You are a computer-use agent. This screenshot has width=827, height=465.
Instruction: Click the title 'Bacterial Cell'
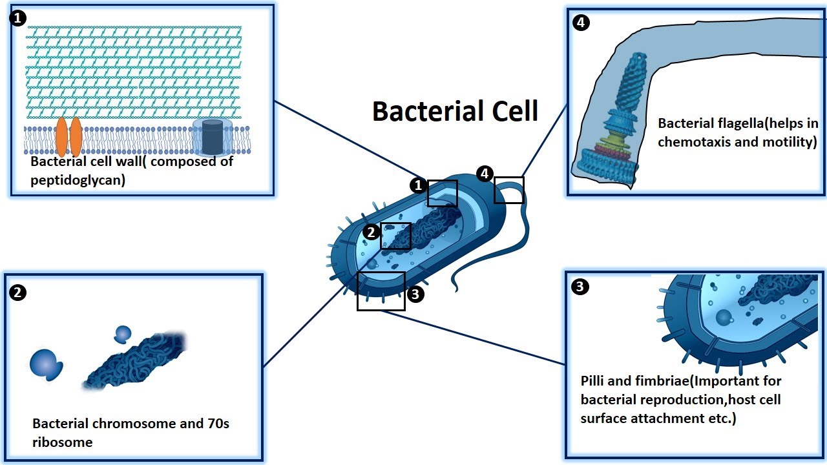455,111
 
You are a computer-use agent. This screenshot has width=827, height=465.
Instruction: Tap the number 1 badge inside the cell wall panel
17,18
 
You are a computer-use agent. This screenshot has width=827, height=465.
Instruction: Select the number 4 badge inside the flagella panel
581,23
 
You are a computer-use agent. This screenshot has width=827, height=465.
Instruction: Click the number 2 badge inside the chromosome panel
18,293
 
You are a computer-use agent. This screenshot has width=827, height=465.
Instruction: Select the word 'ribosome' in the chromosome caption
63,442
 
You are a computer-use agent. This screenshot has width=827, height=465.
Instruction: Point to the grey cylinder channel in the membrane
212,136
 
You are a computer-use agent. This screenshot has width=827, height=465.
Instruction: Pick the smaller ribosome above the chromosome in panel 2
122,334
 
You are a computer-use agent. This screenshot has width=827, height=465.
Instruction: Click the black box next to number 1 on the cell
442,193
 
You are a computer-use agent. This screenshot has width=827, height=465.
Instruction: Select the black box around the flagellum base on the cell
508,190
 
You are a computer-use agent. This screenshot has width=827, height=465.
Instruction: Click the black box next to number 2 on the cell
395,236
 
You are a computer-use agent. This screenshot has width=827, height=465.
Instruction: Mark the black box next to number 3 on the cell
381,291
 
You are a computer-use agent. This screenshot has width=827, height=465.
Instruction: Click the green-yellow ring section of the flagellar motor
619,138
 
